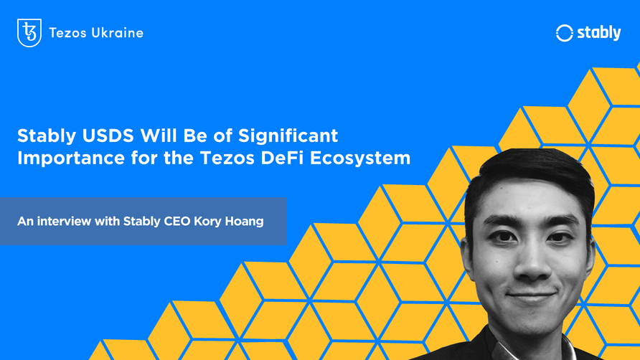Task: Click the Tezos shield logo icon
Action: (29, 33)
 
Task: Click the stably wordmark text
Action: (598, 33)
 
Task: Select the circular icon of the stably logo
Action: (565, 33)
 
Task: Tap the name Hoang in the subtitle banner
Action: (245, 222)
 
